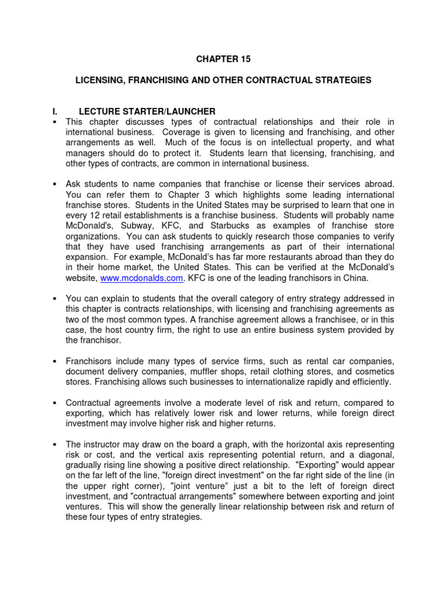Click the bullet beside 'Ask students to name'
click(54, 184)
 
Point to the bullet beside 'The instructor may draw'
click(54, 444)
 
